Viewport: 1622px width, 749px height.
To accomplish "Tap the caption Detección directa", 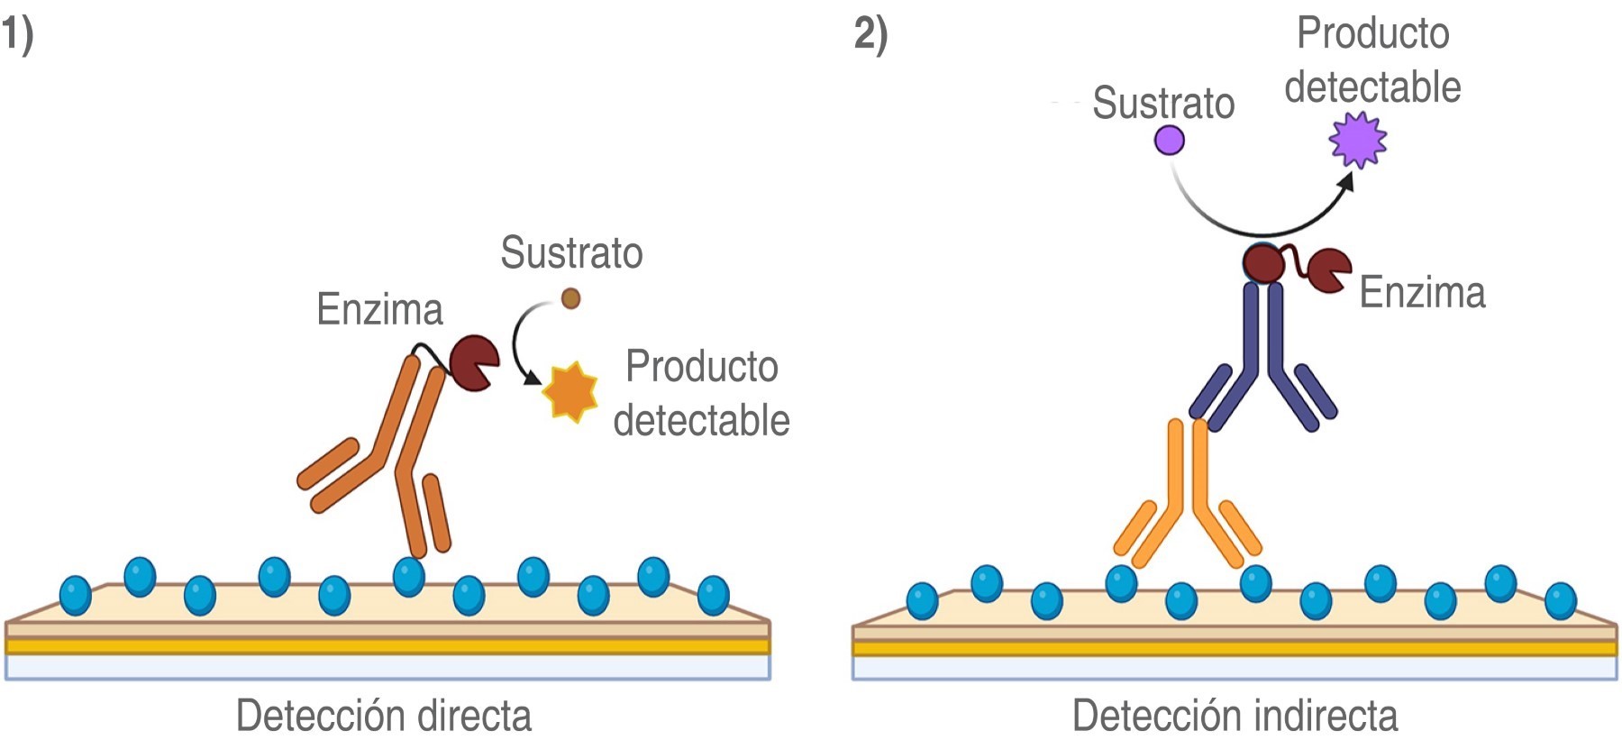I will click(384, 716).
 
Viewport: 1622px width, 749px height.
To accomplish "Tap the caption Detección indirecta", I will click(1235, 716).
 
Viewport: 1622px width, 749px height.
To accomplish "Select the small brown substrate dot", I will click(570, 297).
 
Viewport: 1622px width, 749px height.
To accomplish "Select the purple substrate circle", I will click(1170, 141).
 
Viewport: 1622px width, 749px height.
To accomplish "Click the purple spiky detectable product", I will click(1358, 140).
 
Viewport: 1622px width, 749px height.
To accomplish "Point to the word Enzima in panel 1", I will click(379, 309).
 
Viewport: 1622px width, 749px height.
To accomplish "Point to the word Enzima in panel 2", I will click(1422, 292).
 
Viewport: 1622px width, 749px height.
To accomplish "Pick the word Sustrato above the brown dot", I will click(571, 252).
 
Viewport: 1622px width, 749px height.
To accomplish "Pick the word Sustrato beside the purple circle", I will click(1163, 103).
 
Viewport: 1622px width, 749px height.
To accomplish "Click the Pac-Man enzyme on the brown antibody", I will click(473, 362).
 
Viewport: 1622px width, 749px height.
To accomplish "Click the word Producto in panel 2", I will click(1372, 34).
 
